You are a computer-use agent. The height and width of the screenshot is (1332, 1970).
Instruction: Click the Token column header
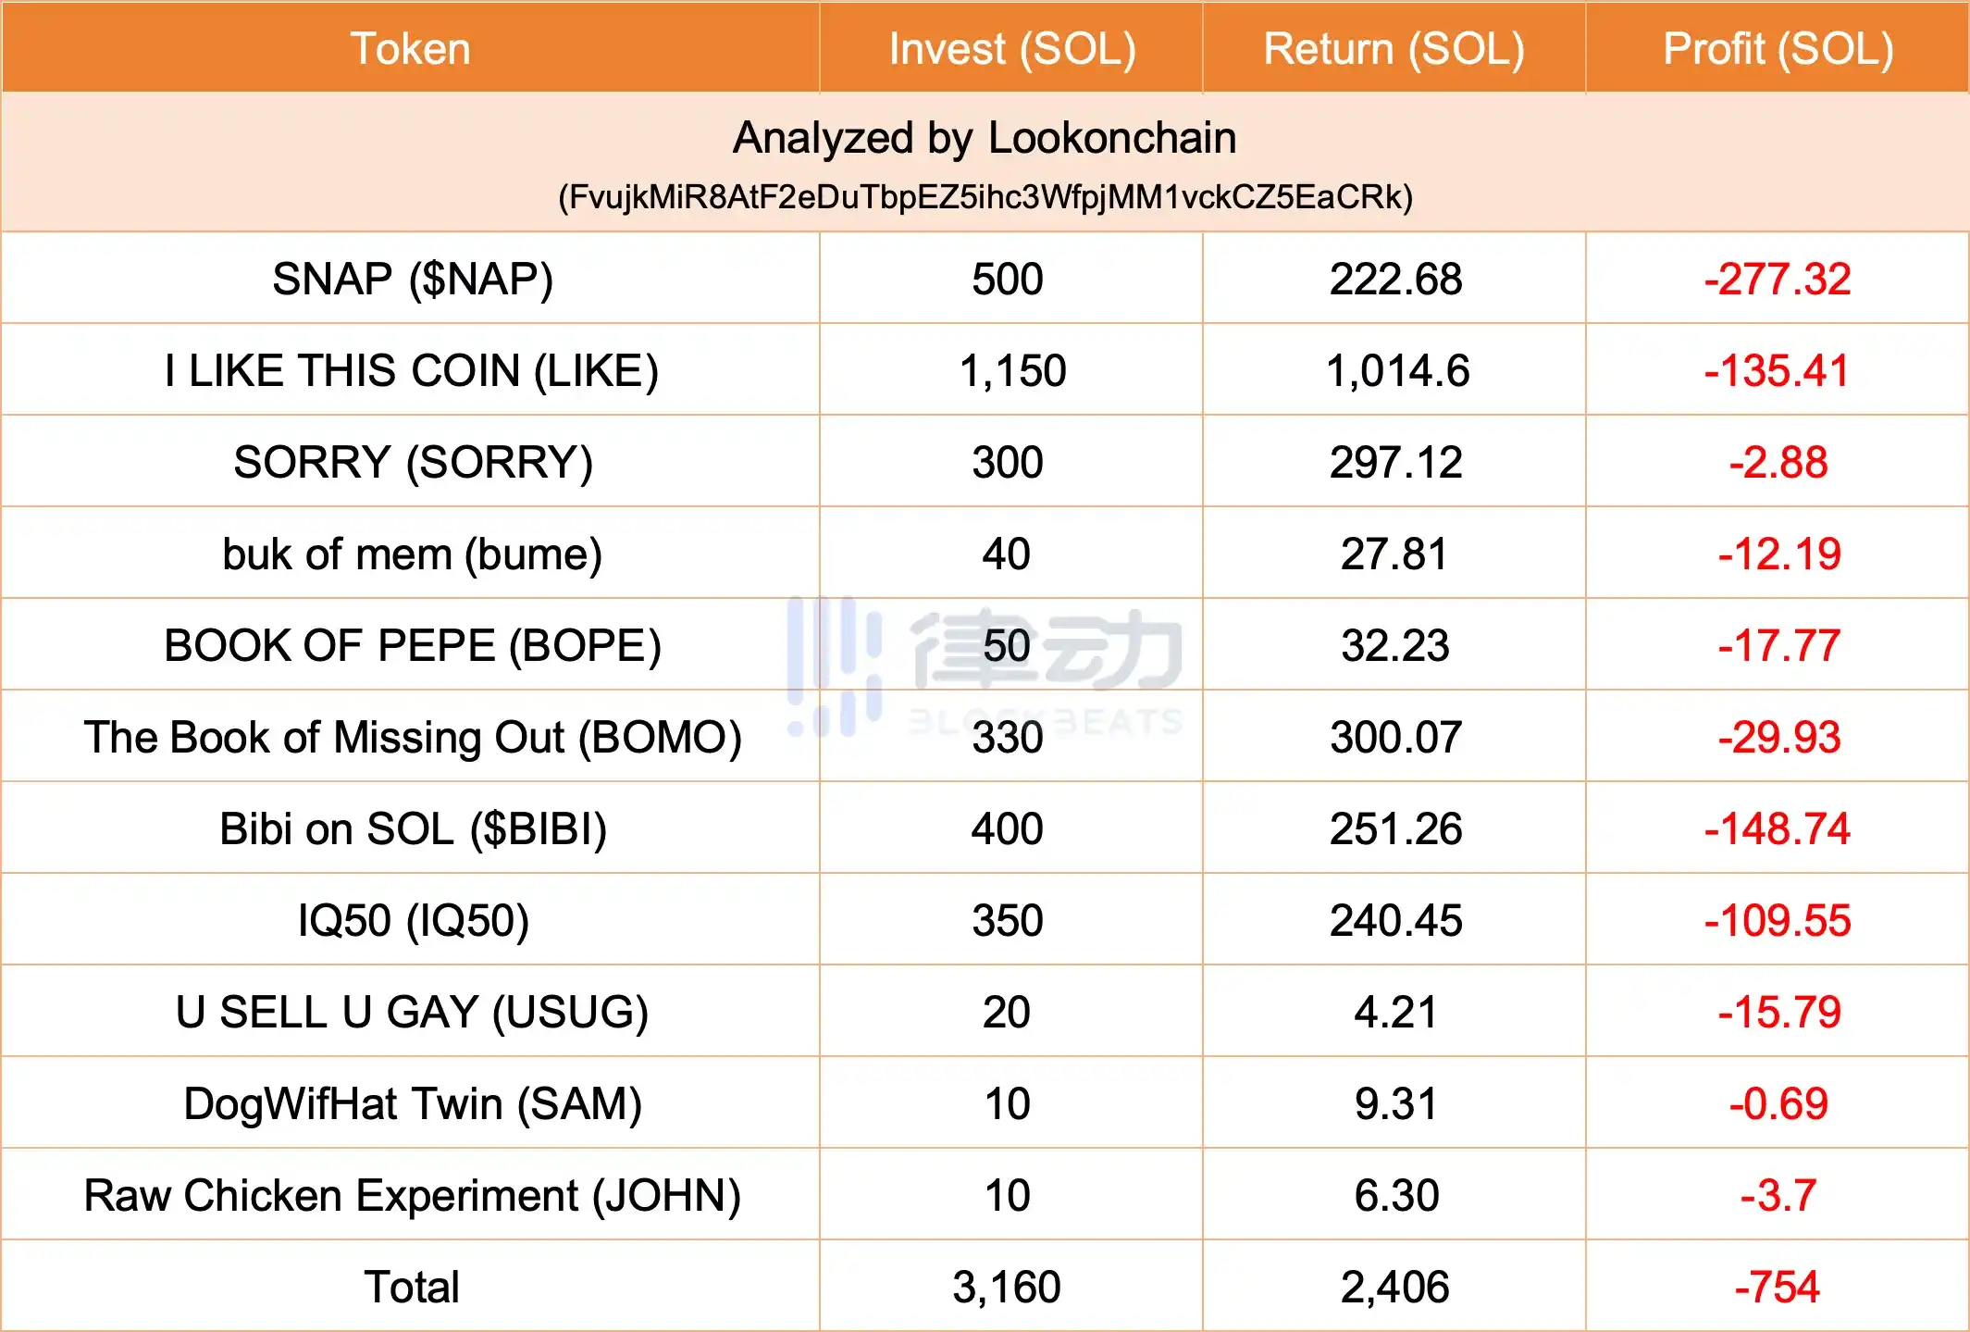(x=410, y=49)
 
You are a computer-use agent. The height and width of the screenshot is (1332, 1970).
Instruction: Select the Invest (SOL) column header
(x=1011, y=49)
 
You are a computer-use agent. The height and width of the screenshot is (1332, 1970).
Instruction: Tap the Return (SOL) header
(x=1394, y=49)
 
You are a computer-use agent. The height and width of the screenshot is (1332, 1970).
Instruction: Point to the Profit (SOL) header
(x=1778, y=49)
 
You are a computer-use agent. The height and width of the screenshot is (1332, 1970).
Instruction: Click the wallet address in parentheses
(x=985, y=197)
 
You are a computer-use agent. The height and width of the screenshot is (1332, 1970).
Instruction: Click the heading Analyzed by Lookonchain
(x=985, y=138)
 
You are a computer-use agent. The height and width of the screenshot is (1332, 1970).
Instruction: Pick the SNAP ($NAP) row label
(x=413, y=279)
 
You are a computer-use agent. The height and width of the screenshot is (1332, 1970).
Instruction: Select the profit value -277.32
(x=1778, y=279)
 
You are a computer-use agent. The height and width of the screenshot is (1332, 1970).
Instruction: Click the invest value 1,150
(x=1012, y=370)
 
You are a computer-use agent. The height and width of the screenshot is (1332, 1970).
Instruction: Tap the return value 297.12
(x=1395, y=462)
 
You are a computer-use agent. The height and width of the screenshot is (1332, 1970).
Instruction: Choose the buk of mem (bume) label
(x=413, y=554)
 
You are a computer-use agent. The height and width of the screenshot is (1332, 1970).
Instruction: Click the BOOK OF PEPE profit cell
(x=1778, y=645)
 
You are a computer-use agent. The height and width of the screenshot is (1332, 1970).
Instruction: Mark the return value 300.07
(x=1395, y=737)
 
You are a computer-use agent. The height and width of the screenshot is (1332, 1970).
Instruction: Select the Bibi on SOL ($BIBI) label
(x=413, y=828)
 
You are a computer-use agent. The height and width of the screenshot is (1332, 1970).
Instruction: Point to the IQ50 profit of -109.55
(x=1778, y=920)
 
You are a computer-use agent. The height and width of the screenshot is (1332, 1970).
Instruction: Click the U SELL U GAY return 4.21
(x=1395, y=1012)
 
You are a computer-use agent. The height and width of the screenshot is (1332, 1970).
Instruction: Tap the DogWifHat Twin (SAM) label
(x=413, y=1103)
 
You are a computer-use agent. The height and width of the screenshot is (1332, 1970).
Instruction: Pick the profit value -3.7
(x=1778, y=1195)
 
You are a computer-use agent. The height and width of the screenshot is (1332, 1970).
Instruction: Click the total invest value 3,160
(x=1007, y=1287)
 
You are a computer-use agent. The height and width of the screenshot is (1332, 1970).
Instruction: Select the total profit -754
(x=1778, y=1287)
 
